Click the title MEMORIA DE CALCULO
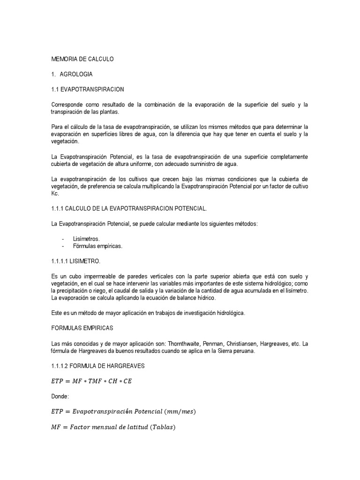click(82, 59)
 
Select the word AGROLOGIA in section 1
click(76, 74)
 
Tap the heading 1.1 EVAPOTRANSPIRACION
click(87, 89)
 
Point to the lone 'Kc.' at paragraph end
click(55, 193)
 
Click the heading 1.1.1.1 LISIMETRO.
click(75, 261)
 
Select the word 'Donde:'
click(60, 397)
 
